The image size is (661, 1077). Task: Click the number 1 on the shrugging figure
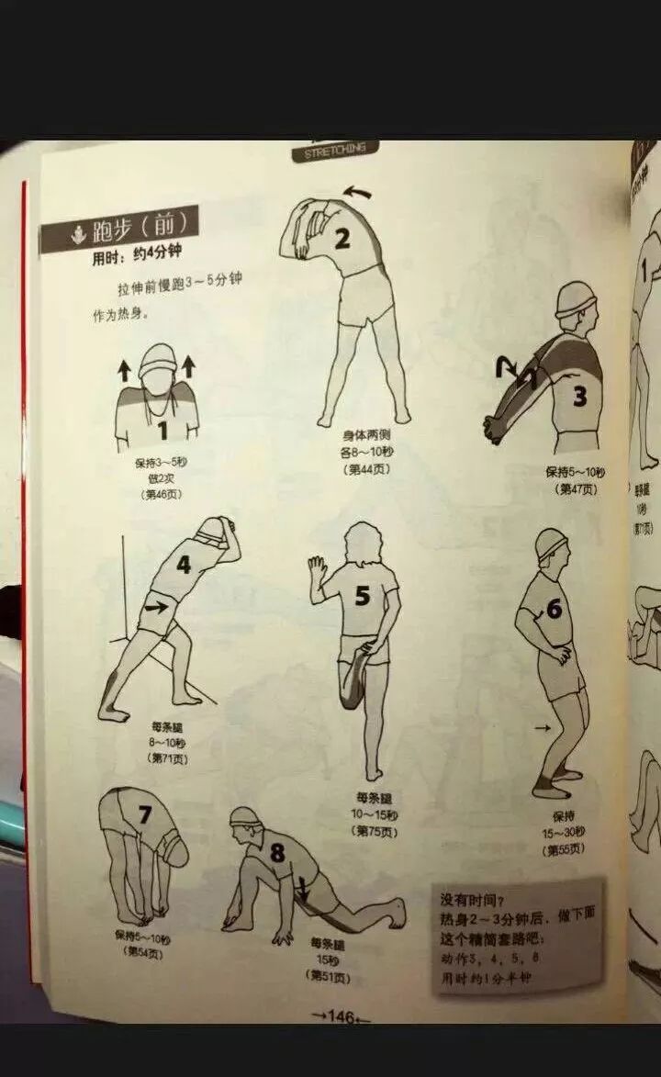click(x=162, y=429)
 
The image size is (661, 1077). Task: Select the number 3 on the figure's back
click(x=579, y=397)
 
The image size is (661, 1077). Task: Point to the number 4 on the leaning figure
click(x=184, y=565)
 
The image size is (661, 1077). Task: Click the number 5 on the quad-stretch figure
click(x=363, y=597)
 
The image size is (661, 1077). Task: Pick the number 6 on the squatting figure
click(x=554, y=608)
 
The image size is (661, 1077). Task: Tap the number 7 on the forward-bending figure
click(x=144, y=814)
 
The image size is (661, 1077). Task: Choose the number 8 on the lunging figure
click(x=277, y=853)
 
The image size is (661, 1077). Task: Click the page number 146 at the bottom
click(x=341, y=1016)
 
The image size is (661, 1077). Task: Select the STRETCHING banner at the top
click(x=335, y=150)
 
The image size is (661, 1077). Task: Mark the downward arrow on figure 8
click(x=302, y=888)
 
